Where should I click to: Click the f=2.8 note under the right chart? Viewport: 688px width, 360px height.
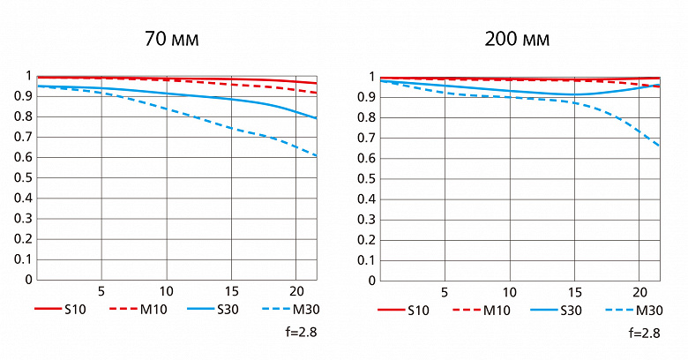coord(644,333)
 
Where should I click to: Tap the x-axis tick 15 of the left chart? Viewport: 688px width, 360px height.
coord(231,291)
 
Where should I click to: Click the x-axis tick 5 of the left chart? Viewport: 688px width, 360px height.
coord(101,291)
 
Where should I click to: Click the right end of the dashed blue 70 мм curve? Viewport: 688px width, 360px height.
coord(316,156)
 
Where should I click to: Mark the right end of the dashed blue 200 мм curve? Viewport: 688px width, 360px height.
coord(659,146)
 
